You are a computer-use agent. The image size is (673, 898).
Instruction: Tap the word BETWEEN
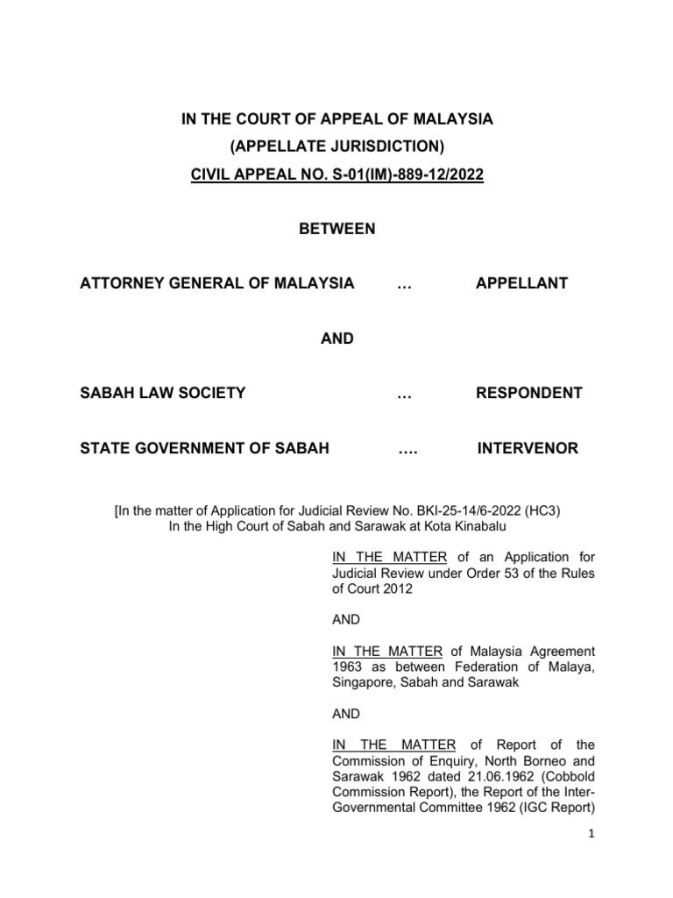coord(337,229)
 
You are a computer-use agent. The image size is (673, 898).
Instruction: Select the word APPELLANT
coord(521,283)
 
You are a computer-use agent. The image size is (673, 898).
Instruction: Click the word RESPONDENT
coord(528,393)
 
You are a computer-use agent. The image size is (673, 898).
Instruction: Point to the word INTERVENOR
coord(528,448)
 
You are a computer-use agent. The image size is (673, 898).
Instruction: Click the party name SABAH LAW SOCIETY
coord(163,393)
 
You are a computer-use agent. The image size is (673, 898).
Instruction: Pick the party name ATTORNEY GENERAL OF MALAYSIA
coord(217,283)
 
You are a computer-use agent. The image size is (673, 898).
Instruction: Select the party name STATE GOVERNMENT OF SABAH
coord(205,448)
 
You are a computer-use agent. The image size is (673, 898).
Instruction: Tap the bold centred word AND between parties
coord(337,338)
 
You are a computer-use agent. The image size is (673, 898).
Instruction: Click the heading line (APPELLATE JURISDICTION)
coord(337,146)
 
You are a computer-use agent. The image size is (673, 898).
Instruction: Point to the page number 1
coord(592,835)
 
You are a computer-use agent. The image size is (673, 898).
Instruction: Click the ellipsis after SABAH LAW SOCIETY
coord(404,393)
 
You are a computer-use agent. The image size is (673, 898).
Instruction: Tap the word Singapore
coord(365,682)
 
